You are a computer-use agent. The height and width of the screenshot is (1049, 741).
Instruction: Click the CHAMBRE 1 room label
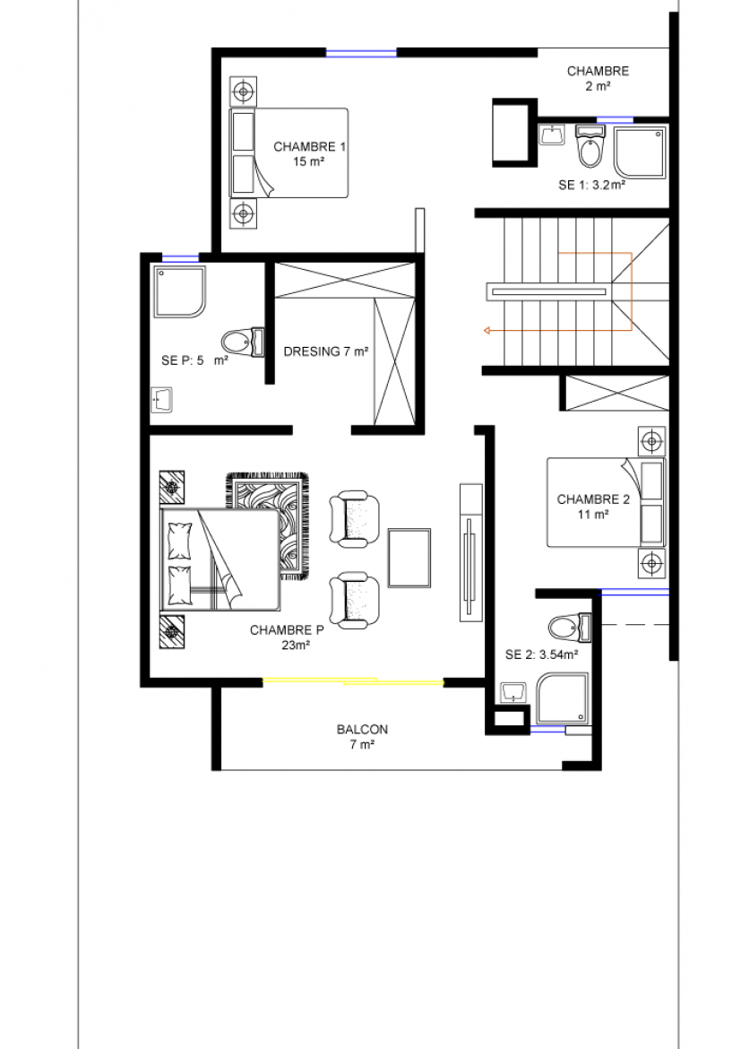(310, 146)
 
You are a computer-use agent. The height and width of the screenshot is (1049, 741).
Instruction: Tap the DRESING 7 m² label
(326, 351)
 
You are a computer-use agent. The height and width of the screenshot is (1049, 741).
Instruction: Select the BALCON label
(362, 729)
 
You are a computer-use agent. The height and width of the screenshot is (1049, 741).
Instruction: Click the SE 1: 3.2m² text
(592, 186)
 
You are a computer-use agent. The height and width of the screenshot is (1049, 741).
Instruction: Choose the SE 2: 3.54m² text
(542, 655)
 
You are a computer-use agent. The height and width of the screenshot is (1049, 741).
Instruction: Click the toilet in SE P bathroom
(242, 342)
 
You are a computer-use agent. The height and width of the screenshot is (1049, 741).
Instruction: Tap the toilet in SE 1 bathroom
(590, 147)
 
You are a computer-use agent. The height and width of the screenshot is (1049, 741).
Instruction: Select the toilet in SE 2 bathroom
(570, 627)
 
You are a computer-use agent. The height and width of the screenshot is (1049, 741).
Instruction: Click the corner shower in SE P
(179, 291)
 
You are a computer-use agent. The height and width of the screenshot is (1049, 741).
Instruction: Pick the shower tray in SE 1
(640, 154)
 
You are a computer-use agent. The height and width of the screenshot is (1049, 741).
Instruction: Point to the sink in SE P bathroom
(161, 400)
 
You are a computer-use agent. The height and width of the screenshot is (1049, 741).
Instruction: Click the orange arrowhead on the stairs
(487, 330)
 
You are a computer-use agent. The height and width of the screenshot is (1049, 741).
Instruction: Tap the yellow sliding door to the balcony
(352, 681)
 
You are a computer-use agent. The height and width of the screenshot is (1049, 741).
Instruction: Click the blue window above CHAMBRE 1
(361, 52)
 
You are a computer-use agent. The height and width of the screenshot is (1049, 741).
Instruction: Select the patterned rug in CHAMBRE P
(268, 525)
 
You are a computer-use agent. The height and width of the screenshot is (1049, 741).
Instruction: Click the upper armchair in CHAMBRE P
(354, 516)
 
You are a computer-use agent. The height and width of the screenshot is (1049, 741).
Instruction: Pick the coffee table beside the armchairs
(409, 558)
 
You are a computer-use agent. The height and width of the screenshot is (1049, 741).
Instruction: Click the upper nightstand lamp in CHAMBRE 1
(243, 91)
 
